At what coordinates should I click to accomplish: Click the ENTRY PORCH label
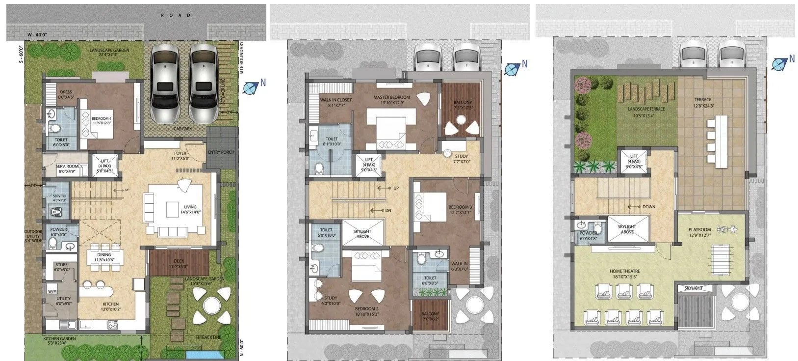click(x=221, y=152)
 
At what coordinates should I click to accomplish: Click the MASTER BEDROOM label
click(x=391, y=97)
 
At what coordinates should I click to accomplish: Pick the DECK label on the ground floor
click(x=179, y=261)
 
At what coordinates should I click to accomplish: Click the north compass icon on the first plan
click(x=251, y=87)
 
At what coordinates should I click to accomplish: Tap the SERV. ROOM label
click(x=66, y=167)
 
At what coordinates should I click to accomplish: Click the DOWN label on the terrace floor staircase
click(x=648, y=207)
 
